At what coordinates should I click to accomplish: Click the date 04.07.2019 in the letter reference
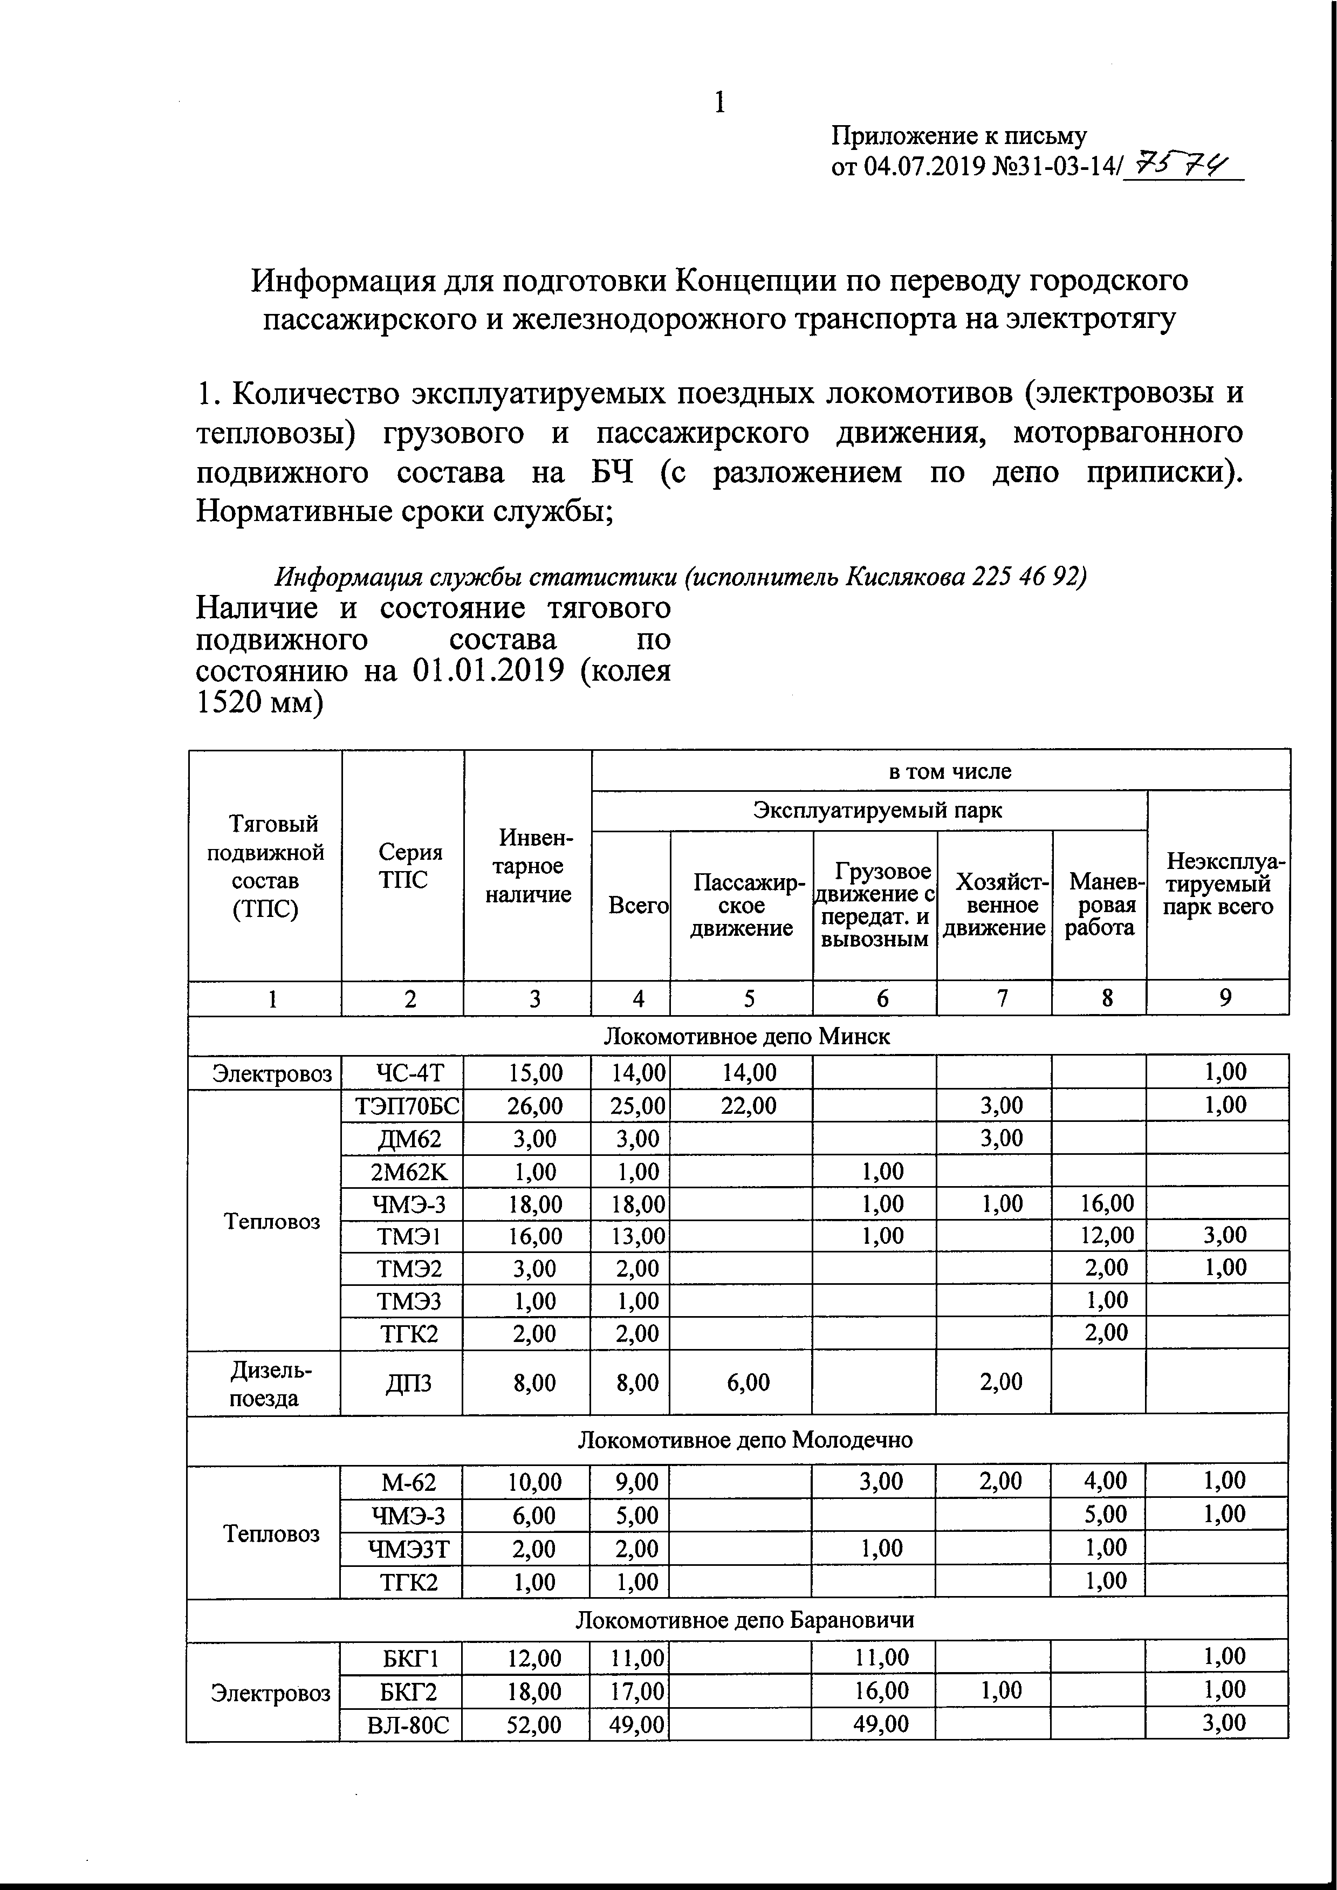coord(924,167)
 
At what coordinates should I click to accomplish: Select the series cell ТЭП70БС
coord(402,1106)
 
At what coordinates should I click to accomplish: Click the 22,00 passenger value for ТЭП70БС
coord(749,1106)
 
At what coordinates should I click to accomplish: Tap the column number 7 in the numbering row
coord(1002,998)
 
